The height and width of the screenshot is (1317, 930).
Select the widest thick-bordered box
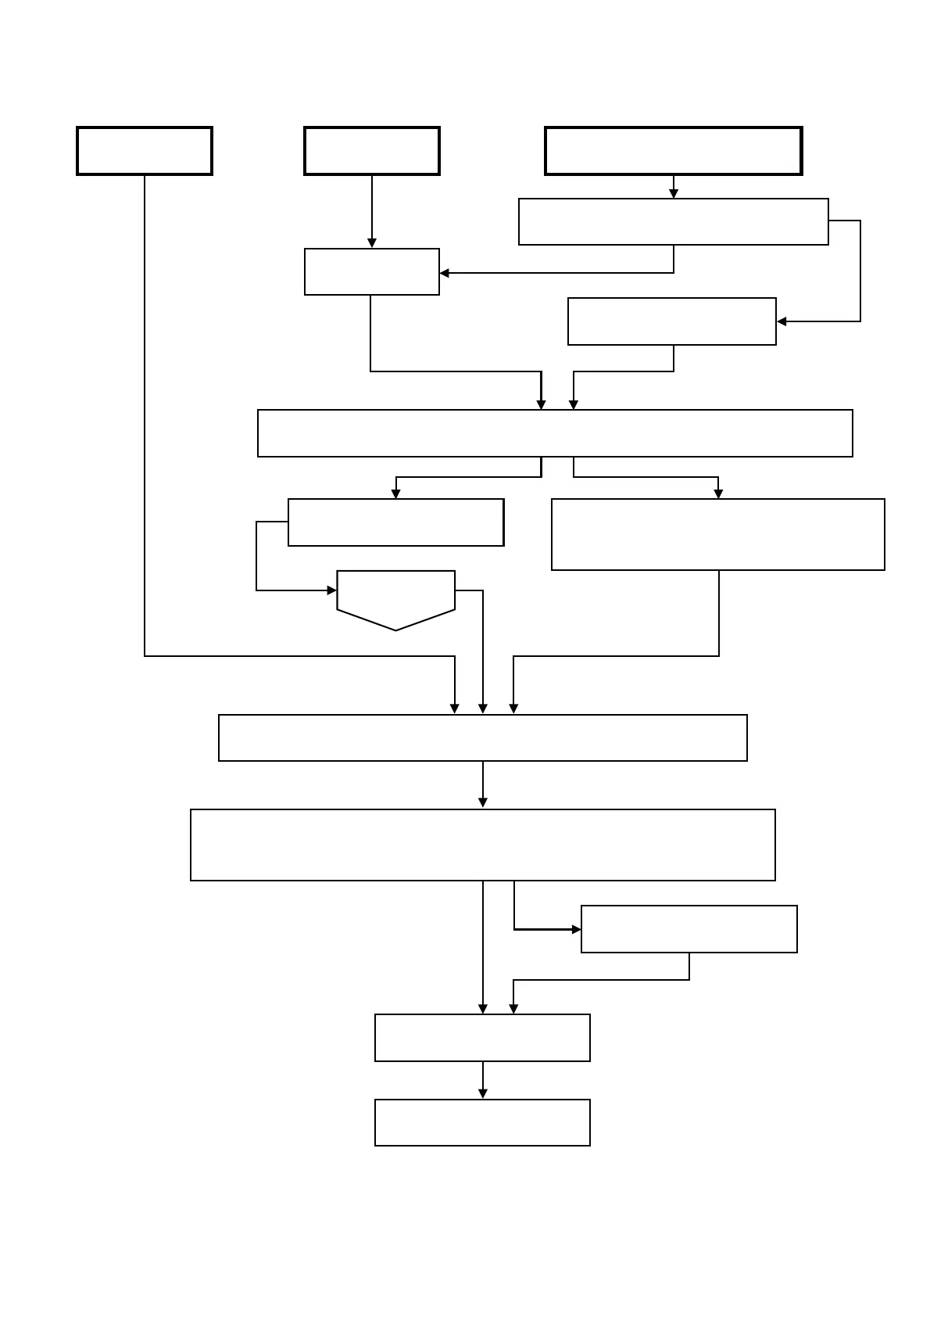coord(673,151)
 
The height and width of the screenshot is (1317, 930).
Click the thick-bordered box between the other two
coord(372,151)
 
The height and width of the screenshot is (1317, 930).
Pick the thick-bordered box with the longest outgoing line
coord(145,151)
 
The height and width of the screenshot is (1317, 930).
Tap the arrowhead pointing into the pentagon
coord(332,590)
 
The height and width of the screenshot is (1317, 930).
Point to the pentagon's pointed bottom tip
coord(395,630)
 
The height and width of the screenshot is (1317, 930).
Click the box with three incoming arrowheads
coord(482,737)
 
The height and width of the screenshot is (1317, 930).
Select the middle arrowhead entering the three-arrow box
coord(483,709)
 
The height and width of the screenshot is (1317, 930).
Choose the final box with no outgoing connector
coord(482,1122)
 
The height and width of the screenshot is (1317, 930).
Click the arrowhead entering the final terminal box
coord(483,1093)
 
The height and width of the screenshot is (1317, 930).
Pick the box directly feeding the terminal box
coord(482,1038)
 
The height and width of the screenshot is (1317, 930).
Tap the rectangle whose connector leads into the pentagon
coord(395,522)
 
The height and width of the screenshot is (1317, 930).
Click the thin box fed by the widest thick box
coord(673,222)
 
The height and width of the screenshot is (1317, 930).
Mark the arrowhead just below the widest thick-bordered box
coord(674,193)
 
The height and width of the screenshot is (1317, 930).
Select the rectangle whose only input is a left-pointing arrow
coord(671,321)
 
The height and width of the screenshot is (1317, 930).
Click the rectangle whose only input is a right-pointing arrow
coord(689,929)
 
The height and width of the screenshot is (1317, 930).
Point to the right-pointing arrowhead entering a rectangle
coord(577,929)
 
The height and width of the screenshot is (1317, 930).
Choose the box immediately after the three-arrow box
coord(482,845)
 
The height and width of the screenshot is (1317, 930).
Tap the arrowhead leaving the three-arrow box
coord(483,802)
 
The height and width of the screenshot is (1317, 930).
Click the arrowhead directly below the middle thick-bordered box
coord(372,243)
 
